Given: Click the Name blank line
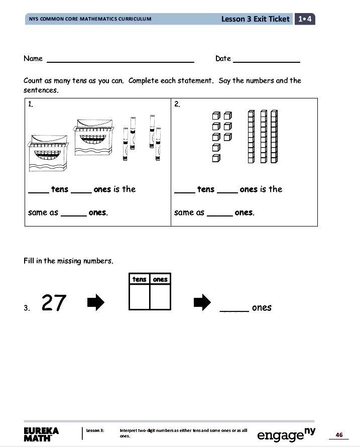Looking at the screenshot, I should click(x=121, y=61).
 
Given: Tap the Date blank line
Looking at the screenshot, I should click(x=267, y=61).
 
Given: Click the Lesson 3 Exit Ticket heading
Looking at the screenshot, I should click(x=255, y=19).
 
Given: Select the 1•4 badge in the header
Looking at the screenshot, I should click(x=304, y=19).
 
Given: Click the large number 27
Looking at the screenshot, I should click(x=54, y=303).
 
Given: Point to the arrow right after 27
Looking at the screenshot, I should click(x=95, y=302).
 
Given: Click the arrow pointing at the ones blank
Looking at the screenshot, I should click(x=202, y=302).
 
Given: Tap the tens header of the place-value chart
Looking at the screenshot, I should click(x=139, y=279).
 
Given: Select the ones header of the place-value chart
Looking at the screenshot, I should click(x=160, y=279).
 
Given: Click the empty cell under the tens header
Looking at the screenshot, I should click(x=139, y=297).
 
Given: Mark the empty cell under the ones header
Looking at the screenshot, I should click(x=160, y=297).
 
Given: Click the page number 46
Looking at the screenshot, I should click(x=339, y=435).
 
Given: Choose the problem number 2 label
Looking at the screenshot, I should click(x=177, y=104).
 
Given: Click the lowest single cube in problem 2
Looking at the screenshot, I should click(x=216, y=159).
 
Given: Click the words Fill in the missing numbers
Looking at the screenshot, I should click(x=68, y=261).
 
